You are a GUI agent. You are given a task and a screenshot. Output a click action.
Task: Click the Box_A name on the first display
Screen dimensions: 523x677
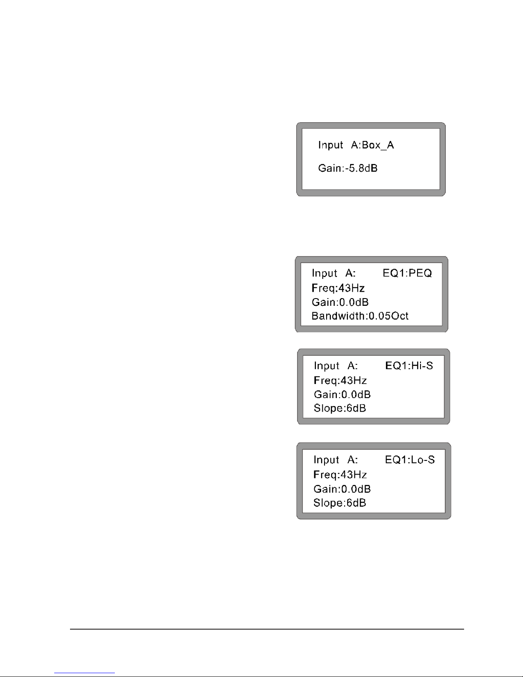pyautogui.click(x=378, y=146)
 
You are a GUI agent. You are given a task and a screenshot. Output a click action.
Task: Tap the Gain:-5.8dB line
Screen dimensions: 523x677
pyautogui.click(x=348, y=168)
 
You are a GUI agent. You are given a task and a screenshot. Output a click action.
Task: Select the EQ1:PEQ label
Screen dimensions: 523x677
pyautogui.click(x=407, y=273)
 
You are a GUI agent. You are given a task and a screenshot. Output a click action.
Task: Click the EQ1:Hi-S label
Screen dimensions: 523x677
pyautogui.click(x=409, y=366)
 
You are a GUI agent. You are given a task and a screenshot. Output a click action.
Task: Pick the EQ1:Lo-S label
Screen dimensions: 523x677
pyautogui.click(x=410, y=460)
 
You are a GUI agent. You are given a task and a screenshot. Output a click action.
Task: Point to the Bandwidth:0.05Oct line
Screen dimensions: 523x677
pyautogui.click(x=360, y=316)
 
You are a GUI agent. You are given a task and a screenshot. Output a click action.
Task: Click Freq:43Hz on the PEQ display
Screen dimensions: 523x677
pyautogui.click(x=338, y=288)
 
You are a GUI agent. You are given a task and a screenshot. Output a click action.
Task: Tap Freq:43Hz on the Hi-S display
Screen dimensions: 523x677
pyautogui.click(x=340, y=380)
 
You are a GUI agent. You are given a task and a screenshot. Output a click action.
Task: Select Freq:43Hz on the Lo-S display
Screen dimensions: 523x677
pyautogui.click(x=340, y=475)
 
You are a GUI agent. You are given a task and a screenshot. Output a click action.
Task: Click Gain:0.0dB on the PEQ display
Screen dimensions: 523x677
pyautogui.click(x=340, y=302)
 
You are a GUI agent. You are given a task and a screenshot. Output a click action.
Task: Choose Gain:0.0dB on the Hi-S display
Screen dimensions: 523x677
pyautogui.click(x=342, y=394)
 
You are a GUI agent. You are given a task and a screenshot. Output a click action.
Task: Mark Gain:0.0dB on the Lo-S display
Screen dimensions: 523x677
pyautogui.click(x=342, y=489)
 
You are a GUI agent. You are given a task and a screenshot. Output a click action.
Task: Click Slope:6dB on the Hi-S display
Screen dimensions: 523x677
pyautogui.click(x=340, y=408)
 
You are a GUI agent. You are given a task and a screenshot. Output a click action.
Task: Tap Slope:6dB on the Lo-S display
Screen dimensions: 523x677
pyautogui.click(x=339, y=503)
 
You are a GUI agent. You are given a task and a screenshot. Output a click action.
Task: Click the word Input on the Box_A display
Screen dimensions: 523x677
pyautogui.click(x=330, y=145)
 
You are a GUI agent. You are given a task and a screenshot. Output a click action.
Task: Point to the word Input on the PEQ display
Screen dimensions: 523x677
pyautogui.click(x=324, y=273)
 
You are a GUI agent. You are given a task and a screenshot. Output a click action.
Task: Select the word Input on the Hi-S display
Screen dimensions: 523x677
pyautogui.click(x=327, y=366)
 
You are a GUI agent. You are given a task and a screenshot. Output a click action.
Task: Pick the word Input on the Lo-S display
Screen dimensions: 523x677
pyautogui.click(x=326, y=460)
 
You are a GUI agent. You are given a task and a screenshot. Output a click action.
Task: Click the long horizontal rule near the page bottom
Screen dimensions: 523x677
pyautogui.click(x=267, y=629)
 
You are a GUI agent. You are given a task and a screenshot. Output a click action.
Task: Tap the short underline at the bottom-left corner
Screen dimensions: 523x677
pyautogui.click(x=85, y=673)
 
